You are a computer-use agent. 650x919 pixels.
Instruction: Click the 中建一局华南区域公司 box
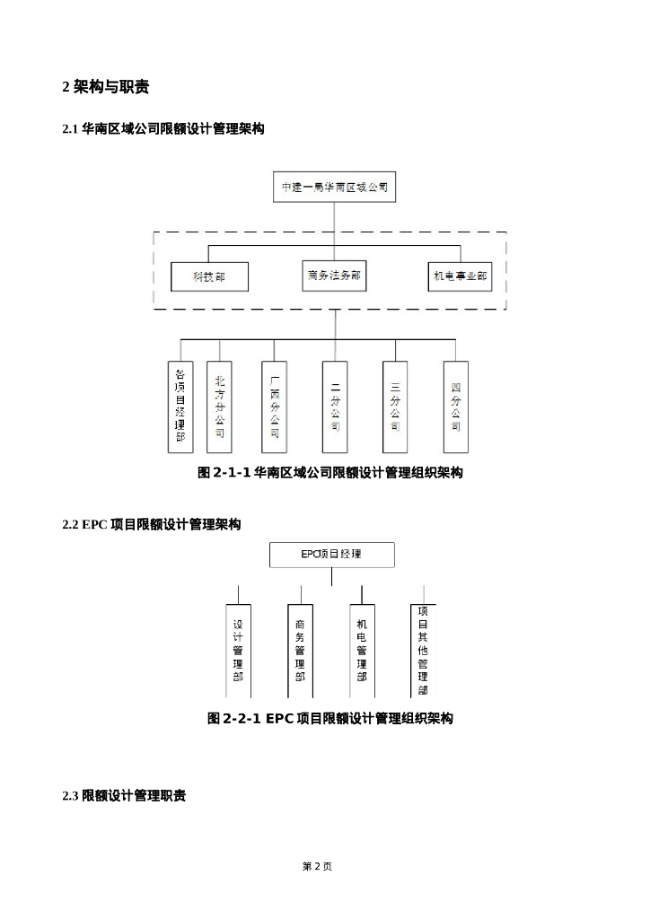tap(334, 188)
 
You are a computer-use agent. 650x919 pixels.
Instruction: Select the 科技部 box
tap(209, 277)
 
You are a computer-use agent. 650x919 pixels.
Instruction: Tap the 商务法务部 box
tap(334, 276)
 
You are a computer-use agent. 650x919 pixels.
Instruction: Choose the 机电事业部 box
tap(461, 277)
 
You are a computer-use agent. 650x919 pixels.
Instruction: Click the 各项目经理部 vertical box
tap(180, 406)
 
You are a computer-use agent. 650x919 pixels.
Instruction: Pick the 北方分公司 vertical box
tap(220, 406)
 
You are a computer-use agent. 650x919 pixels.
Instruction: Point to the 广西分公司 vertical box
tap(275, 406)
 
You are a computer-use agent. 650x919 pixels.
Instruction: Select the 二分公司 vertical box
tap(335, 406)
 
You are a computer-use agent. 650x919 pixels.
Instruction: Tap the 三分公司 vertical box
tap(395, 406)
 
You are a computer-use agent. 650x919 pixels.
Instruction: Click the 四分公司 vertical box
tap(456, 406)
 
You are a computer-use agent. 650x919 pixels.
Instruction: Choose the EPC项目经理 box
tap(331, 554)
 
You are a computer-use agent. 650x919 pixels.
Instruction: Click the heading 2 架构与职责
tap(105, 87)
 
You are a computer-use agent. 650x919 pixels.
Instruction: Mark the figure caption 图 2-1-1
tap(329, 472)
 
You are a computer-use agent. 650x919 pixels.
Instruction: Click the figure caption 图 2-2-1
tap(329, 718)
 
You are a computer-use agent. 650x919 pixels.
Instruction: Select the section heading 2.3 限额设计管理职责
tap(124, 796)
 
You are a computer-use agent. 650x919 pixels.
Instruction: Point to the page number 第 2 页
tap(317, 866)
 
